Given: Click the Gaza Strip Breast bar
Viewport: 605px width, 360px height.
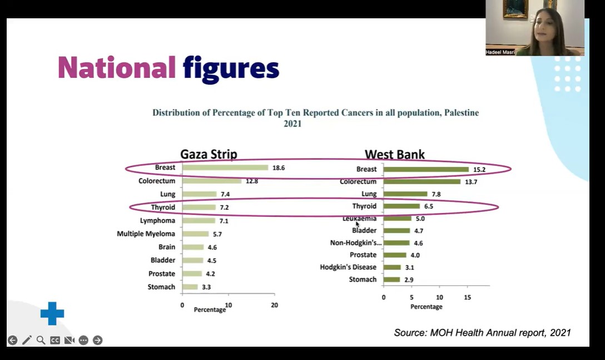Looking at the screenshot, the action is click(225, 167).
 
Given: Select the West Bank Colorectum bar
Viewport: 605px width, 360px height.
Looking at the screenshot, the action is click(422, 181).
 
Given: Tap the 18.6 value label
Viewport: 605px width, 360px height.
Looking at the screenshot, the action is click(279, 167).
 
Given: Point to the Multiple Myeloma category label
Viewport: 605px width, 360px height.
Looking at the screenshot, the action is click(146, 234).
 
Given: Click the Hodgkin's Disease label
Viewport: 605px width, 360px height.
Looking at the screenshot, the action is click(348, 267).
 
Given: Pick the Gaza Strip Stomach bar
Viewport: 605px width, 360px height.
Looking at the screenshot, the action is click(190, 287).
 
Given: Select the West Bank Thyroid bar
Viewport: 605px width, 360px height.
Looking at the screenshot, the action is click(401, 206).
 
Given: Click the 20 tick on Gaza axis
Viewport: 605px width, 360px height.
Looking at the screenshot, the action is click(274, 305).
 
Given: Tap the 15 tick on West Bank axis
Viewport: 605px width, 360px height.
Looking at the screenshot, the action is click(467, 298).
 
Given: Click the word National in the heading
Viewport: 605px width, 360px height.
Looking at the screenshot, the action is click(117, 68).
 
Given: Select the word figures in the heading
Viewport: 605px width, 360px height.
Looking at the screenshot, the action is click(231, 70).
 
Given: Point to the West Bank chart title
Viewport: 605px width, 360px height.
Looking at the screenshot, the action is click(395, 155).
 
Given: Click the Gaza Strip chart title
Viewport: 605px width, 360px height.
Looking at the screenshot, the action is click(209, 154).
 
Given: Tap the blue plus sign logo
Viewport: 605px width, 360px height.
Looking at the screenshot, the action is click(52, 313).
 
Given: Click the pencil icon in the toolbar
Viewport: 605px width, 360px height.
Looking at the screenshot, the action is click(27, 340).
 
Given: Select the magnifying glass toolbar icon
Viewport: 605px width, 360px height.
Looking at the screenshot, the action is click(41, 340).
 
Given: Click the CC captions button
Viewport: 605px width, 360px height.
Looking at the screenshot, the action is click(55, 340).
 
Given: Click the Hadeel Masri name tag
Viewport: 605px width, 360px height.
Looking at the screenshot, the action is click(500, 52).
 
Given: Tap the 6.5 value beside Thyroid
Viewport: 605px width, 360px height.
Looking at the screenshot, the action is click(429, 206).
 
